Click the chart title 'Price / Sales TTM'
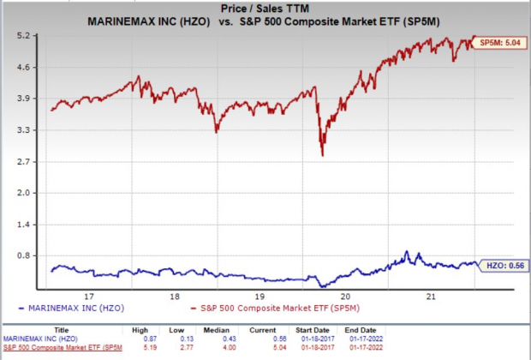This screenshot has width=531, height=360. click(265, 8)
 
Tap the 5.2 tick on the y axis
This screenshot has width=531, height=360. click(23, 36)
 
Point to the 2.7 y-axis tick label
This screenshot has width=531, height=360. click(23, 161)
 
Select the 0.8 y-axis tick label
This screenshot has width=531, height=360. click(23, 255)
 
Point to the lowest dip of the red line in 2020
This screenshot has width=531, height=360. click(322, 155)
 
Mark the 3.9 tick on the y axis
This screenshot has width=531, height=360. click(23, 99)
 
